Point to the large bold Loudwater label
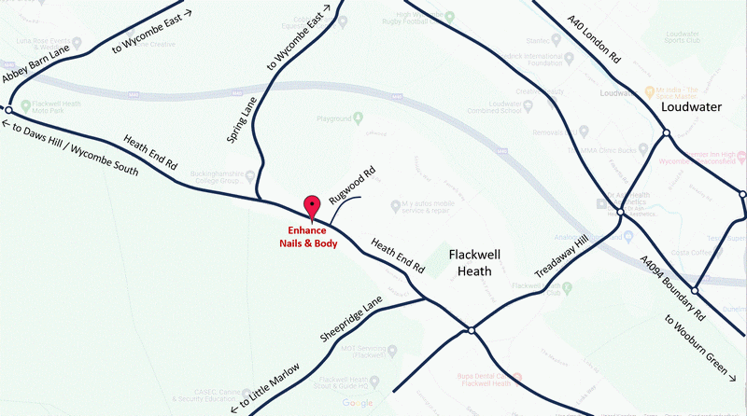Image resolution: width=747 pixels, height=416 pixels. pyautogui.click(x=692, y=107)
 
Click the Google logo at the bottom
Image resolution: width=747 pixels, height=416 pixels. pyautogui.click(x=357, y=403)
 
